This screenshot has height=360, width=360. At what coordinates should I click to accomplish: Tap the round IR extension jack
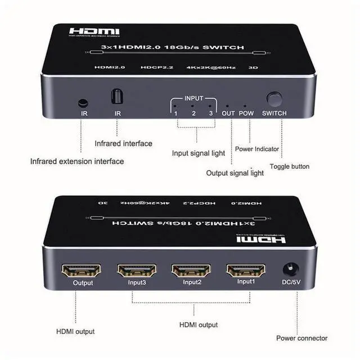tap(83, 103)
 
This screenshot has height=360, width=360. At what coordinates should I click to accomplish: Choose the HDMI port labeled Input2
tap(191, 271)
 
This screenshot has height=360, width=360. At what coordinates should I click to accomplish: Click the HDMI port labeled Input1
tap(245, 271)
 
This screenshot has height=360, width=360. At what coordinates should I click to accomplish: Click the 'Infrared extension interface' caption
tap(77, 161)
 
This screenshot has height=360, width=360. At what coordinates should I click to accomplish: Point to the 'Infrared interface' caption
tap(123, 143)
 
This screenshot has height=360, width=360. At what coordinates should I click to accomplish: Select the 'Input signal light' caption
tap(198, 153)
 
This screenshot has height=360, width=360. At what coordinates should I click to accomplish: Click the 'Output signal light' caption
tap(235, 173)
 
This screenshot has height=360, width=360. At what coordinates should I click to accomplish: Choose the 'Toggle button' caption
tap(289, 166)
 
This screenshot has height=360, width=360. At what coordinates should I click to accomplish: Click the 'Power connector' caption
tap(301, 338)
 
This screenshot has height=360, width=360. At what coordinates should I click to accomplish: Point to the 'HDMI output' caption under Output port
tap(75, 331)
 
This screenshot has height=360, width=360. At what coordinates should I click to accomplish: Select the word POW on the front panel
tap(246, 113)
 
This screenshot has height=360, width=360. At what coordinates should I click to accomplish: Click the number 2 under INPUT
tap(193, 113)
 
